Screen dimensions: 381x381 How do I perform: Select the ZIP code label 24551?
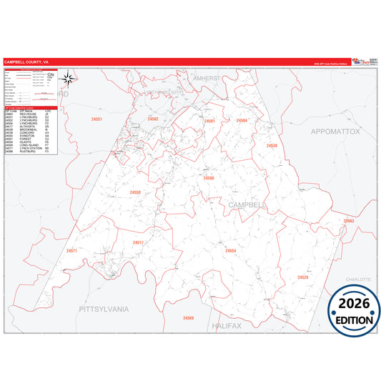[97, 119]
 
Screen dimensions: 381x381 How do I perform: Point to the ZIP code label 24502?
[153, 119]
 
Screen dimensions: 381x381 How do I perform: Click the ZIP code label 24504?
[242, 121]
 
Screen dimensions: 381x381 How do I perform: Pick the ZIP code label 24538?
[272, 146]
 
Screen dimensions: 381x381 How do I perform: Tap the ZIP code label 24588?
[208, 178]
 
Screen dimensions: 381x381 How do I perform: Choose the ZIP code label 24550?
[135, 192]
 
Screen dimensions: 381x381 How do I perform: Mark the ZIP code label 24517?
[138, 242]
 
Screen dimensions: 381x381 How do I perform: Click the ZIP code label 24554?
[230, 251]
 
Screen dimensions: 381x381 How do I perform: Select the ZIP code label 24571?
[71, 251]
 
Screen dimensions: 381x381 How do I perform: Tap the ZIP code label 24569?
[188, 317]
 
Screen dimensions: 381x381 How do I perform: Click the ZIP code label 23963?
[348, 222]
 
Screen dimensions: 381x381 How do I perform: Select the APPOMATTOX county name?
[335, 132]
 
